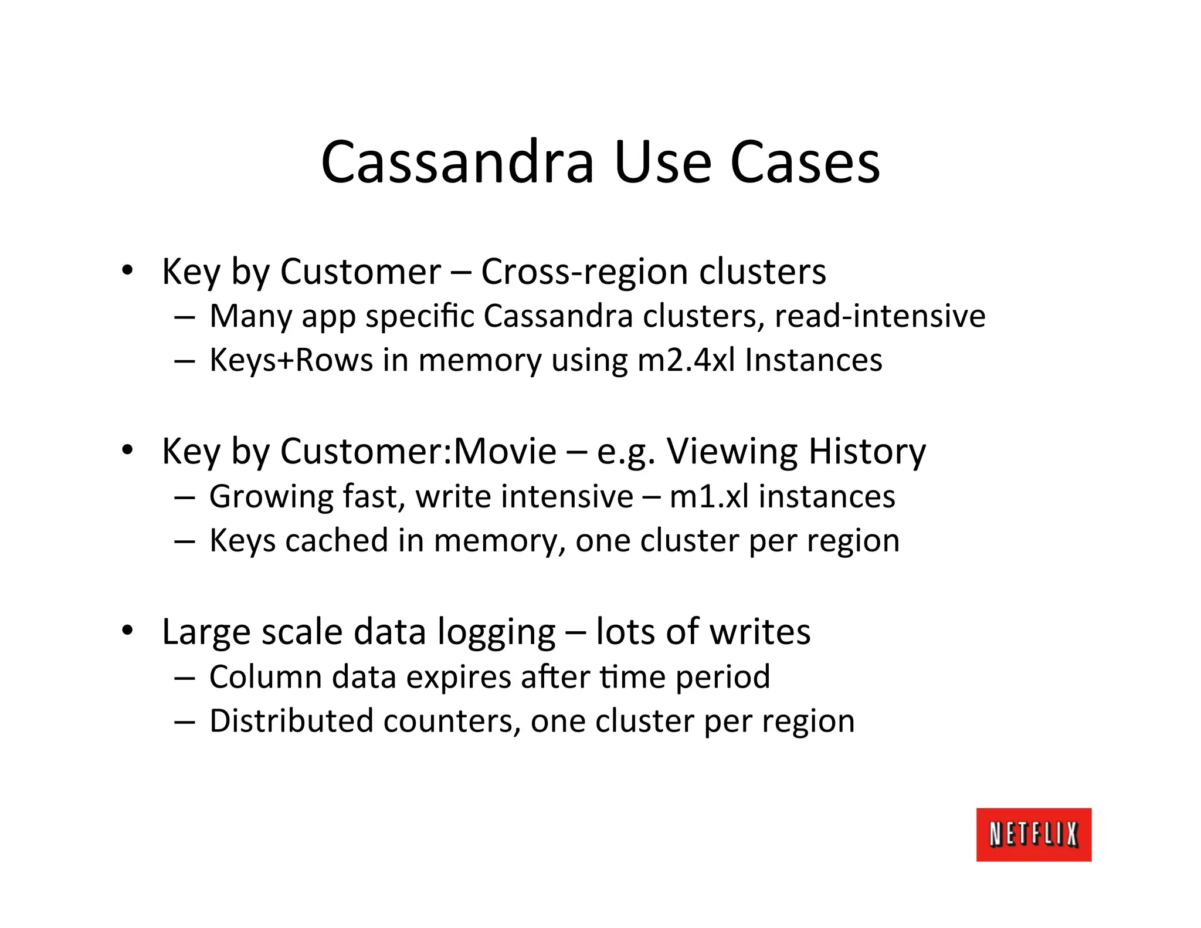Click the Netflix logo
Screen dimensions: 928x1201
coord(1033,834)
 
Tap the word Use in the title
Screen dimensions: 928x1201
coord(662,162)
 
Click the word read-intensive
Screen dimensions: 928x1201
coord(880,316)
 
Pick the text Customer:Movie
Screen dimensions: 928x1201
coord(418,451)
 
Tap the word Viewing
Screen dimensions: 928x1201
coord(731,452)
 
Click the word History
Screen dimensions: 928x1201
coord(867,452)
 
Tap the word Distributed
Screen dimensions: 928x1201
coord(291,721)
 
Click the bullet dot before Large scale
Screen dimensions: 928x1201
coord(127,631)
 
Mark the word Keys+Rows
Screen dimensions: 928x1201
coord(291,360)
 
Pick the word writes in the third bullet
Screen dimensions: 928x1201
coord(760,632)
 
